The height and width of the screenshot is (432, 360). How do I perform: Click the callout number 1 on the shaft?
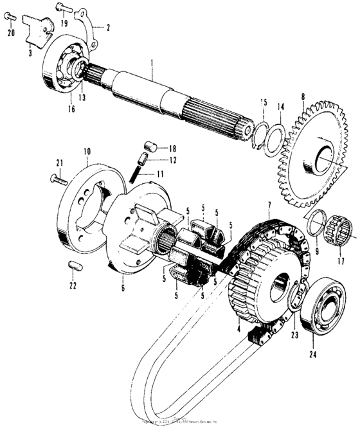151,64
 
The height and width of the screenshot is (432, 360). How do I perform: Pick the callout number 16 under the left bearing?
71,109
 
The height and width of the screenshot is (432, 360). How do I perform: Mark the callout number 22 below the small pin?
73,285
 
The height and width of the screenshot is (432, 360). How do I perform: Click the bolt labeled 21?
57,178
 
